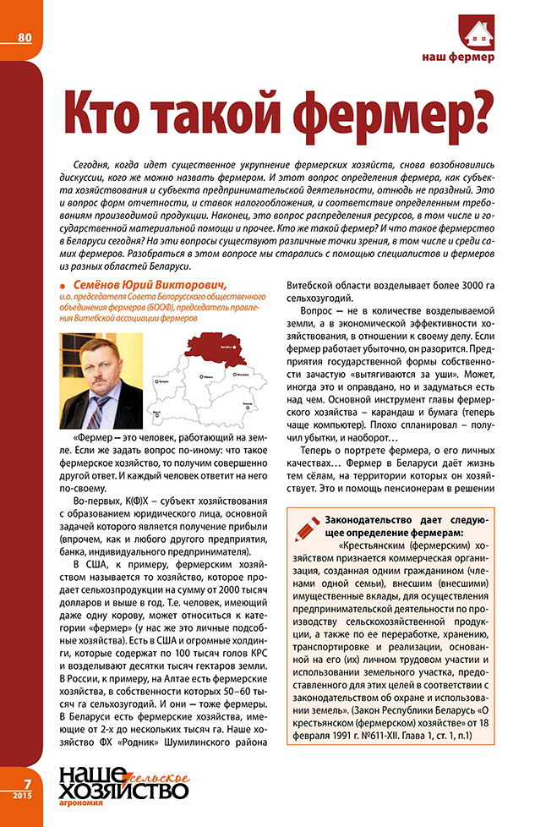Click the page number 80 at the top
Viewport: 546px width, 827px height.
click(x=24, y=36)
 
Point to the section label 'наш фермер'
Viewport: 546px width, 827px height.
click(x=458, y=58)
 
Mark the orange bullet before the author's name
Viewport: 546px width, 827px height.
click(x=65, y=284)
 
